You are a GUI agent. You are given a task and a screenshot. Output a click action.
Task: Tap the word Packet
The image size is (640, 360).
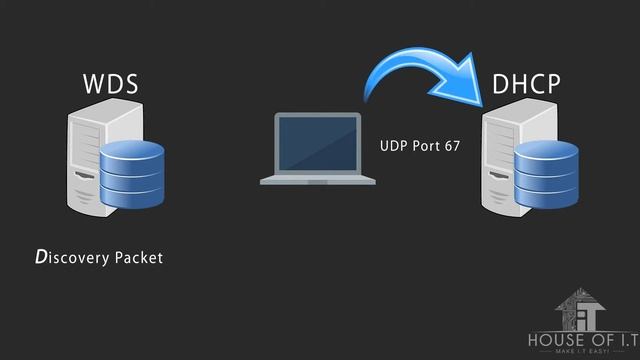[139, 257]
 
